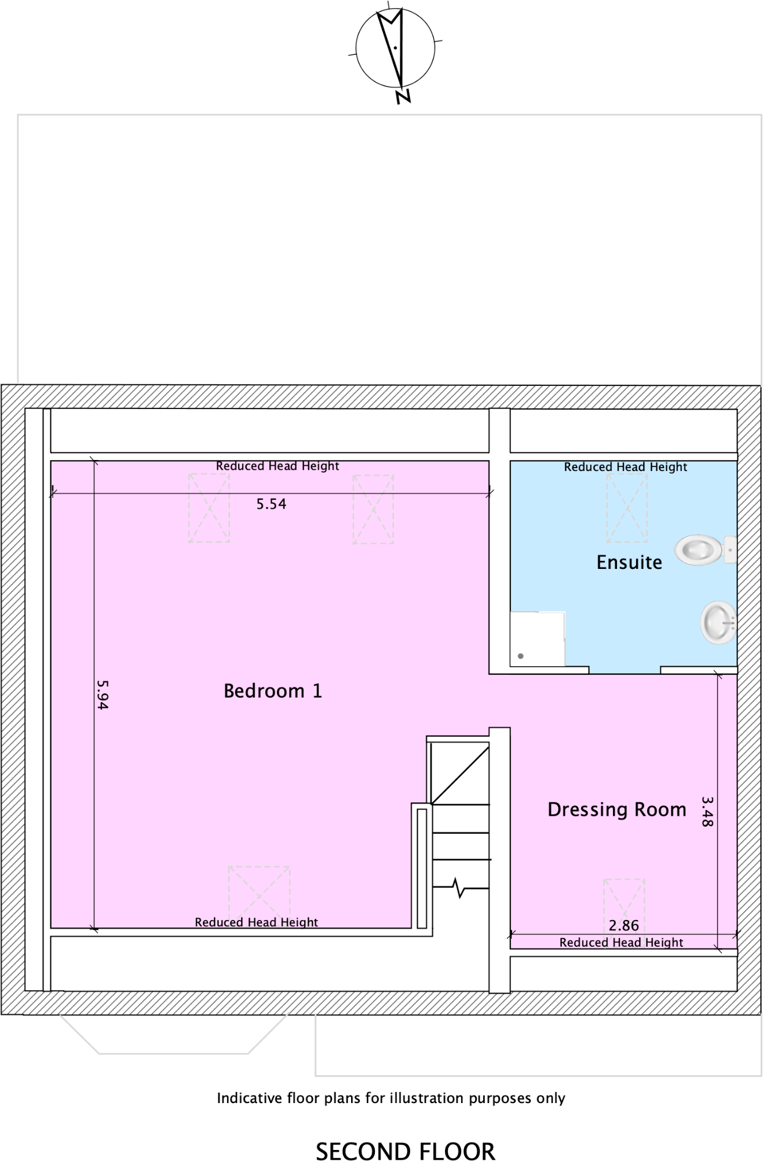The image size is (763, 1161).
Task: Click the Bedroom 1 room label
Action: pos(272,691)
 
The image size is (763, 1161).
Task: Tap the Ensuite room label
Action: pos(629,563)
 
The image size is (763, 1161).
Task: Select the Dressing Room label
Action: pos(616,809)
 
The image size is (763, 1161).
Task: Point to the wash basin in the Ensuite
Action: pos(718,623)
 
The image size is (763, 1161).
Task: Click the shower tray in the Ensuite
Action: pos(537,639)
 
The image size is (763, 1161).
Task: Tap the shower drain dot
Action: pos(520,656)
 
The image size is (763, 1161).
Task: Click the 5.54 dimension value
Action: pos(271,504)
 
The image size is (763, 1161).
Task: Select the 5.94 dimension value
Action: pos(103,695)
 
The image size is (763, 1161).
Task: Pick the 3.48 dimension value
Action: pos(707,811)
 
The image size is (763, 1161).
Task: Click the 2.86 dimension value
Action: pos(623,926)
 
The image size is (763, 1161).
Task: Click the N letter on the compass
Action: pos(403,97)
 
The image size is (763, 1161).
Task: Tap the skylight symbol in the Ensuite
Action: pos(627,508)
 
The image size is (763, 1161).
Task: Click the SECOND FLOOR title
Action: pos(405,1151)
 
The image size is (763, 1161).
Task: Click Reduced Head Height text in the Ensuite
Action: pos(625,467)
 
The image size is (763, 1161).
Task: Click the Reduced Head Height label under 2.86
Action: pos(621,943)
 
